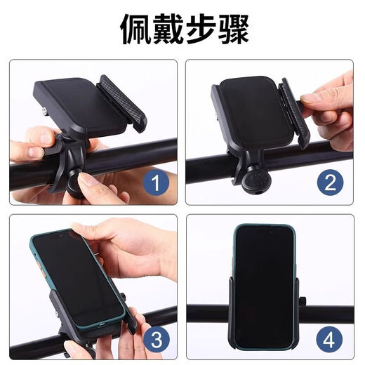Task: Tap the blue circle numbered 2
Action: pos(330,184)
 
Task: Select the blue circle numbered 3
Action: pos(155,340)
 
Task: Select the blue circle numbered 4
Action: pos(330,340)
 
